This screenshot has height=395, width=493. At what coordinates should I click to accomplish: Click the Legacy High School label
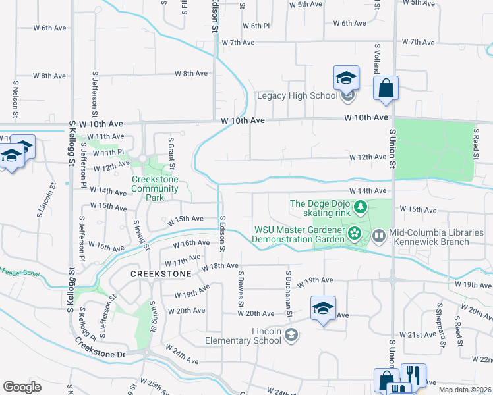[296, 95]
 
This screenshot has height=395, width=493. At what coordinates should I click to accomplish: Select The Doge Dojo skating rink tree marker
[361, 208]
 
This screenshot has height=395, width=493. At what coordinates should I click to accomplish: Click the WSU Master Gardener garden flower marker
[355, 233]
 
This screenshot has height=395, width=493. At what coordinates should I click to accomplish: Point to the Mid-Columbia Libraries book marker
[379, 234]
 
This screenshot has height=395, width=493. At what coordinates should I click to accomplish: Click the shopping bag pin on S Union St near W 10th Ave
[386, 88]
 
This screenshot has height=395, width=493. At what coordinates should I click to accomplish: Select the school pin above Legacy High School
[346, 77]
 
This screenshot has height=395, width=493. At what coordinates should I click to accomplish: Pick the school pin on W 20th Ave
[323, 307]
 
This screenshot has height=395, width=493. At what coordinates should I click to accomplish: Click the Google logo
[22, 386]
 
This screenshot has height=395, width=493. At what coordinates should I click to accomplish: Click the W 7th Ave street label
[238, 43]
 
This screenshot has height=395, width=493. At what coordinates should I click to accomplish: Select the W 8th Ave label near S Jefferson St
[191, 74]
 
